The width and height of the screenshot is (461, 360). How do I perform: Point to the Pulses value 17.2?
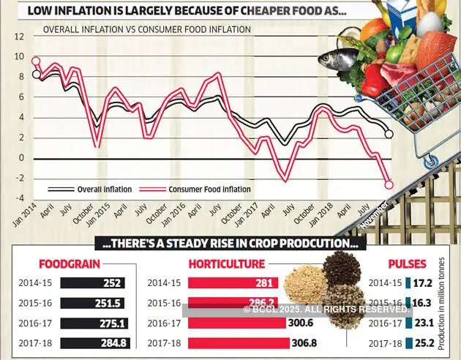pyautogui.click(x=421, y=281)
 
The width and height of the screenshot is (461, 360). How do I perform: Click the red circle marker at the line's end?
pyautogui.click(x=389, y=184)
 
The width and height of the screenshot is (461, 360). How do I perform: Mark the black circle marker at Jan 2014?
pyautogui.click(x=37, y=74)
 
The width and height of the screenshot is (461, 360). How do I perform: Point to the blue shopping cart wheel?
pyautogui.click(x=433, y=158)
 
